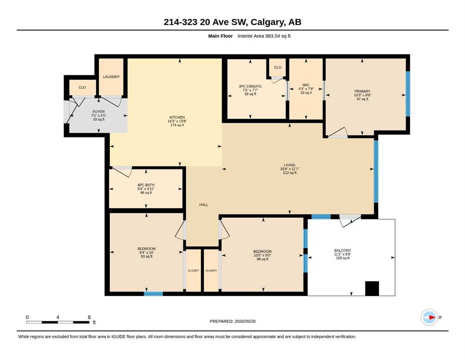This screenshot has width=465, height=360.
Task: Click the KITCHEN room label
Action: point(177,117)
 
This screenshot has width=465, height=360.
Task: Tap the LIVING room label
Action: point(289,165)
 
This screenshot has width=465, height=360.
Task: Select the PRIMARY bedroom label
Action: point(362,91)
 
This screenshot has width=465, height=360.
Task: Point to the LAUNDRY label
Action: point(111,76)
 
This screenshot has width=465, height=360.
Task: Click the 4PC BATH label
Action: point(146,185)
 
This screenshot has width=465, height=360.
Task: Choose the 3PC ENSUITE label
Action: point(250,86)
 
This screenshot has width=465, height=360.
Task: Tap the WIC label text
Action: point(306,85)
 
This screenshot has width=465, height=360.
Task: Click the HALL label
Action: point(203,204)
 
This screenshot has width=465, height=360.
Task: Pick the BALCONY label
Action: point(342,250)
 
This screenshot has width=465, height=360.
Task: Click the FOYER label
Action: point(98,112)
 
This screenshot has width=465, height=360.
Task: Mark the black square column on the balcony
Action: point(372,288)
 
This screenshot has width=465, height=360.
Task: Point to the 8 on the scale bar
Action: point(89,317)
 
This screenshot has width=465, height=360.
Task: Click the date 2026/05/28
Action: point(245,321)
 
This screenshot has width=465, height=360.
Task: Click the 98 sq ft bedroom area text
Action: point(262,259)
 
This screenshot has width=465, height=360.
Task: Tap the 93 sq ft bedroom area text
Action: point(147,256)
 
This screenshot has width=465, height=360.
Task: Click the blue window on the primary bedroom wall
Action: point(408,94)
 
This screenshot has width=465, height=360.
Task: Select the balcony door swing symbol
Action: point(350,220)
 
